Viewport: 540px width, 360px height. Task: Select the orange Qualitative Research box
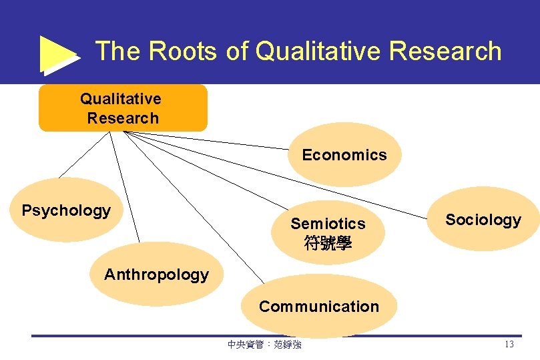(x=123, y=108)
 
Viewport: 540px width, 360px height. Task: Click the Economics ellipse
(x=344, y=155)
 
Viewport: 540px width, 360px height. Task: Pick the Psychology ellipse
(x=65, y=211)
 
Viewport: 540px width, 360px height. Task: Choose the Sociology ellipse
(x=483, y=220)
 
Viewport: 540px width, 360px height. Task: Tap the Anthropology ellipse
(x=156, y=275)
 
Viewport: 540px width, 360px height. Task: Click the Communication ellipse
(x=318, y=307)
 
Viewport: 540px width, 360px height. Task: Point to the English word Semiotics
(x=328, y=224)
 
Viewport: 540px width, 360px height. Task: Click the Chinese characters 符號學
(x=328, y=243)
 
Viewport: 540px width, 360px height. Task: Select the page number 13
(x=509, y=345)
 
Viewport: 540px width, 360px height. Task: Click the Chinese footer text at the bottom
(x=264, y=345)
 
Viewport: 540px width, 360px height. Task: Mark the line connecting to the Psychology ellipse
(x=83, y=155)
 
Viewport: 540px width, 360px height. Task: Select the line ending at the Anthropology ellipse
(x=125, y=187)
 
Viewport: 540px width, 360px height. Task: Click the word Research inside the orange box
(x=123, y=118)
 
